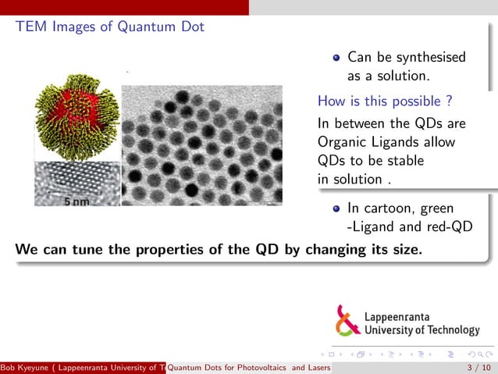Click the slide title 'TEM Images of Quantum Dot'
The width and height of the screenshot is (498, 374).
tap(109, 27)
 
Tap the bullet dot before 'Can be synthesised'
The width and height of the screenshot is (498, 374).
tap(336, 57)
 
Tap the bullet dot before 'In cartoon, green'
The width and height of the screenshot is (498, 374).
tap(336, 208)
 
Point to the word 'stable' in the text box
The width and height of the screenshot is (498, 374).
tap(404, 161)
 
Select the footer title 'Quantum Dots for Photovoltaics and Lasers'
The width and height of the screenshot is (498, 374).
tap(249, 368)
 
